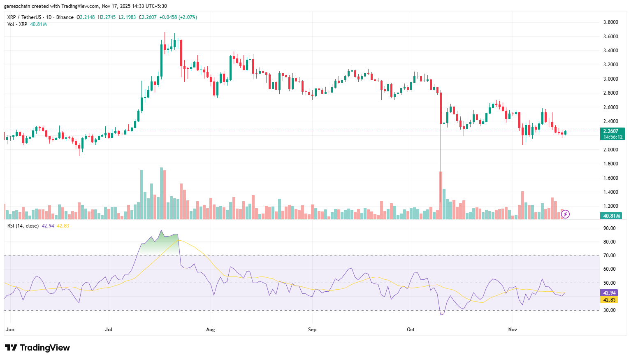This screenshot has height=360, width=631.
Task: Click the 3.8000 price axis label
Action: pyautogui.click(x=610, y=22)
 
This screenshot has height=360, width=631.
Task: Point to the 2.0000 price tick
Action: pyautogui.click(x=610, y=150)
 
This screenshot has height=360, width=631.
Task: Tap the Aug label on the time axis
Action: pyautogui.click(x=210, y=330)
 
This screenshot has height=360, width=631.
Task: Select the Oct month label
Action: pyautogui.click(x=411, y=330)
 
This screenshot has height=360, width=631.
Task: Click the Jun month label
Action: pyautogui.click(x=10, y=330)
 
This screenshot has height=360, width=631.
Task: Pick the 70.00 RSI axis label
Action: pyautogui.click(x=609, y=255)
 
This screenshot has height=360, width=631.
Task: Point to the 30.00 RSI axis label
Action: pyautogui.click(x=609, y=310)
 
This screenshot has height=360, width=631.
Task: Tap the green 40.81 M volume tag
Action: pyautogui.click(x=612, y=216)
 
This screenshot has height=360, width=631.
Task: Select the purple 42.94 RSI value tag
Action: pyautogui.click(x=609, y=293)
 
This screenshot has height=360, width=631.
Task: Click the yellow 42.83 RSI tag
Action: pyautogui.click(x=609, y=300)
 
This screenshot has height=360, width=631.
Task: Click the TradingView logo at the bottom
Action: pyautogui.click(x=37, y=348)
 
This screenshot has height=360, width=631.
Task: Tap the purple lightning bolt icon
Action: pyautogui.click(x=566, y=214)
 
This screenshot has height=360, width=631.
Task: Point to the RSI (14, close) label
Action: pyautogui.click(x=23, y=226)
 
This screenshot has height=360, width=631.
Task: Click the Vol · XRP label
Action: pyautogui.click(x=17, y=24)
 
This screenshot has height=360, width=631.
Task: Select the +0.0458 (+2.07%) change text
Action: pyautogui.click(x=178, y=17)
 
